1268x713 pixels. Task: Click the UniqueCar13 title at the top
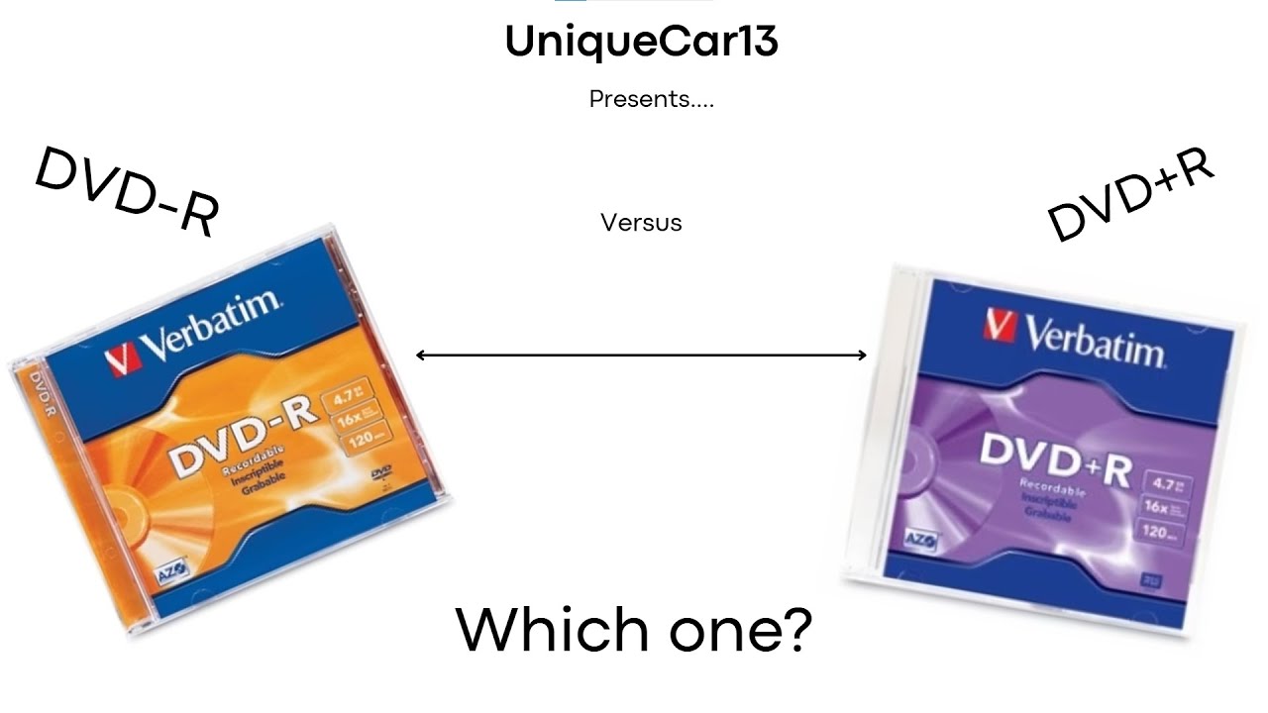coord(641,42)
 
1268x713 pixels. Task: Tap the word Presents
coord(651,99)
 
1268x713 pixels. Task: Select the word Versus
coord(641,223)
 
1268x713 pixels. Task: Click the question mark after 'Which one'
coord(792,630)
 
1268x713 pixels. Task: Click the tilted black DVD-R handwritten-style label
coord(127,191)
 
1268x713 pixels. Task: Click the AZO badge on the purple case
coord(922,541)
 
